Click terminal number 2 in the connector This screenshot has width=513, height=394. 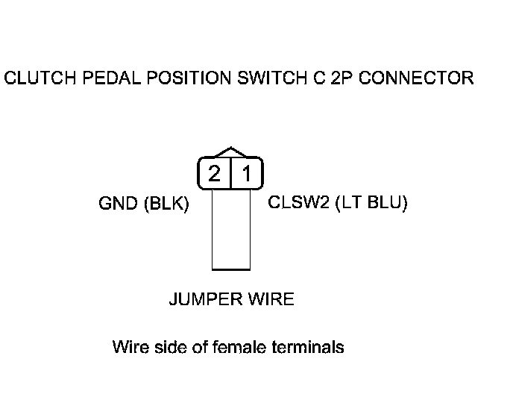[x=215, y=174]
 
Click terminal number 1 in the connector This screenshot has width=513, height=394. [x=247, y=174]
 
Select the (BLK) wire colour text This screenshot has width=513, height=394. [x=165, y=204]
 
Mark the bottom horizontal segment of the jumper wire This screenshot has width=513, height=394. [x=231, y=268]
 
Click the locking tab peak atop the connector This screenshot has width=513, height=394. [x=232, y=148]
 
